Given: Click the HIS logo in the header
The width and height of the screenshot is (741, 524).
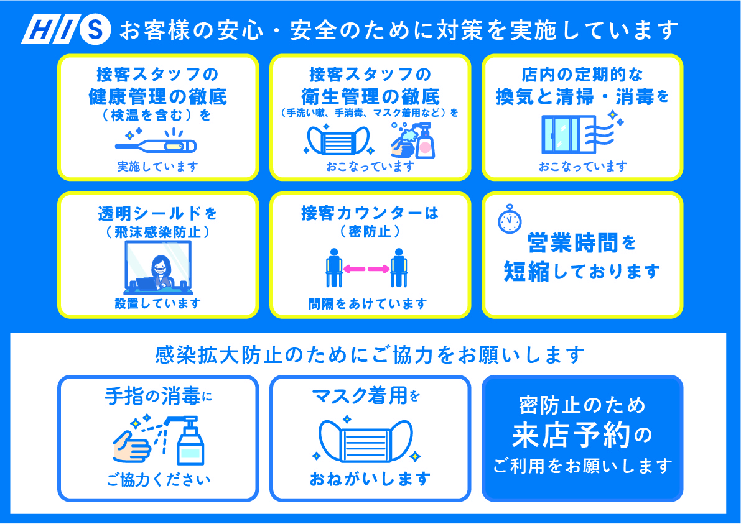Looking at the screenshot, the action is pos(66,30).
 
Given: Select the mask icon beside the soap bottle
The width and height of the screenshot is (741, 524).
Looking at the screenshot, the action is pos(337,140).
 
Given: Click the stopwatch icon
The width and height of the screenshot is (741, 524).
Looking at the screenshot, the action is pos(510,219).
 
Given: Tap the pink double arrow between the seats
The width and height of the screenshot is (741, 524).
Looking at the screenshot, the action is pos(366,269).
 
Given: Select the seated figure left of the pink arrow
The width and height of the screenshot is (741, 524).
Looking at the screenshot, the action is pos(334,268).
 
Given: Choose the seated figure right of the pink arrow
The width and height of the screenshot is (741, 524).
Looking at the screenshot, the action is pos(399,268).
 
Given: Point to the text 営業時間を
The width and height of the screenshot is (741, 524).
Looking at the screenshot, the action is pos(581,244).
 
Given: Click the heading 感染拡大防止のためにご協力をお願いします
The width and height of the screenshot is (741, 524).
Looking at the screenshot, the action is pos(370,356).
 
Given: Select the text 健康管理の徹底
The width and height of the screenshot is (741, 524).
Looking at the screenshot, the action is pos(158,97).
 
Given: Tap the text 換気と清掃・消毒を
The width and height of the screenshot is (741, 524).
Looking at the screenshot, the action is pos(582,97).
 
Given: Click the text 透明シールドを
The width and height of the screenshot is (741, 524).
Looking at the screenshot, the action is pos(157,214).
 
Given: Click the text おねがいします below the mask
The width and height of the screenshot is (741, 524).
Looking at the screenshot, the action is pos(370,479).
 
